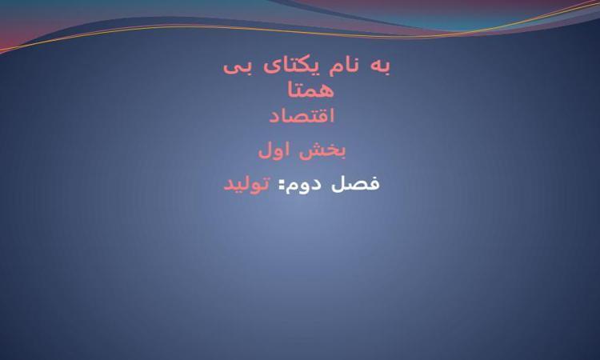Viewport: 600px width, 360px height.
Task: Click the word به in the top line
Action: pos(381,66)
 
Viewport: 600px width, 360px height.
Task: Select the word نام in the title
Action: pos(344,66)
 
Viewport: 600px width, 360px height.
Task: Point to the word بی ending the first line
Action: pos(238,68)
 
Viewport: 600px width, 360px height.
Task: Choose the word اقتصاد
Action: pos(302,115)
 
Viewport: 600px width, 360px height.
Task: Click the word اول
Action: pos(274,150)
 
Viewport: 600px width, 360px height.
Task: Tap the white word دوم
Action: pos(304,184)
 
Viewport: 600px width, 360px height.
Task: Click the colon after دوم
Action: pos(282,186)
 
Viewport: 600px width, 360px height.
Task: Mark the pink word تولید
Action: pos(247,184)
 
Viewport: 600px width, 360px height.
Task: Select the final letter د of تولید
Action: pos(229,186)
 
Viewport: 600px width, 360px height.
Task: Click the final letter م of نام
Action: pos(334,70)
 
